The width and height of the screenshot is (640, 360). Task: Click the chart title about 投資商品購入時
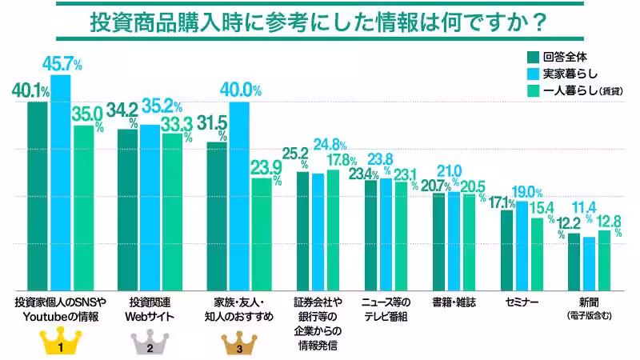[319, 22]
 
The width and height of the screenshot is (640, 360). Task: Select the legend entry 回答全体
[560, 56]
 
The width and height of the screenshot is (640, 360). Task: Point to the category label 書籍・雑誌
[454, 303]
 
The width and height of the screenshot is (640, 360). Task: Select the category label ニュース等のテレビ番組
[385, 309]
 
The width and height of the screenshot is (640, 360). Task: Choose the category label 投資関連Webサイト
[150, 309]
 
